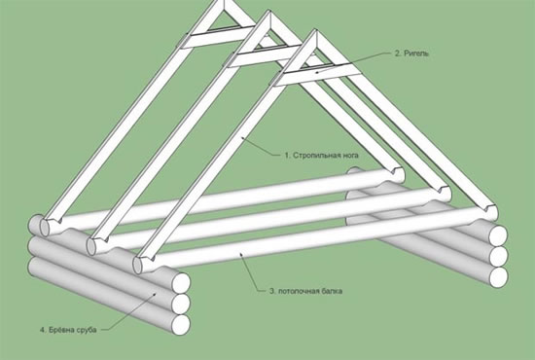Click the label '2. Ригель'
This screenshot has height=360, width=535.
[x=411, y=54]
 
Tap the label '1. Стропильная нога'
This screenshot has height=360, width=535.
[x=321, y=156]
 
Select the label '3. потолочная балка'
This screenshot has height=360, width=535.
[x=305, y=291]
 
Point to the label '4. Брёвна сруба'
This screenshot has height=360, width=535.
[x=68, y=330]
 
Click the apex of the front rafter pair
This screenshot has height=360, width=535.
[x=315, y=32]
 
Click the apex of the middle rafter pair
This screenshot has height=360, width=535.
[x=269, y=13]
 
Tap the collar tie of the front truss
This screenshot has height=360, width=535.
[x=317, y=76]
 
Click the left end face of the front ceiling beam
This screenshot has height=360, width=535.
[x=137, y=266]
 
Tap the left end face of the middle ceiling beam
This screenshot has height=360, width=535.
[x=90, y=247]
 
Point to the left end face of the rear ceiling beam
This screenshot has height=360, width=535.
[x=44, y=228]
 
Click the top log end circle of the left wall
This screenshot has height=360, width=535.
[x=181, y=282]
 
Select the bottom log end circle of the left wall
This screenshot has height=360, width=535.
[x=181, y=325]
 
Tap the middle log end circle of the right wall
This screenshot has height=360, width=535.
[x=498, y=256]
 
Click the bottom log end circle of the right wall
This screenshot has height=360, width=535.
[x=498, y=276]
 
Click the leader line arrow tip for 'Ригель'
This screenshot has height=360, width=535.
[x=316, y=72]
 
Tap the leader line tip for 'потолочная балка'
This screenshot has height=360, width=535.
[x=241, y=254]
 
